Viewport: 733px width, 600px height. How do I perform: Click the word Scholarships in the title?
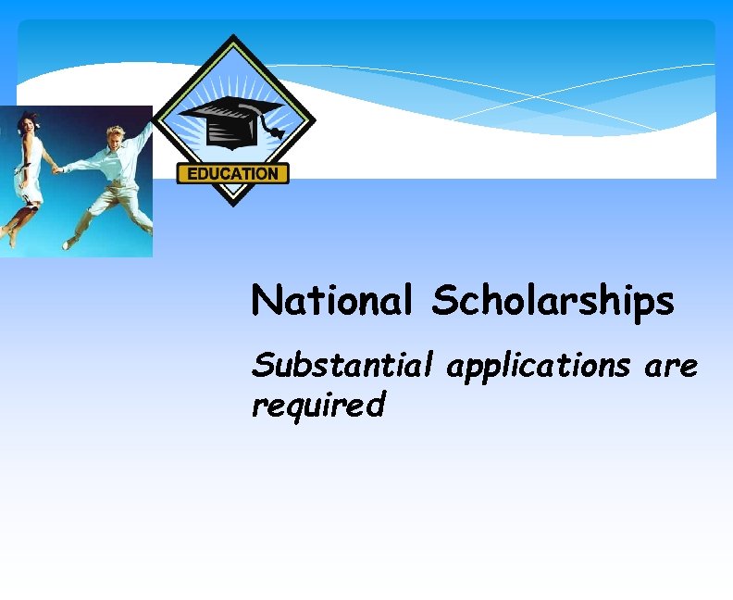(x=553, y=302)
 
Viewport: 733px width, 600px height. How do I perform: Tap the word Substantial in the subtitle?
(x=342, y=367)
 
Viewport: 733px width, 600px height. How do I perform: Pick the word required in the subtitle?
(x=317, y=405)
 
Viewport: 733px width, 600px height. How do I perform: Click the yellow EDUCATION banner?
(x=232, y=173)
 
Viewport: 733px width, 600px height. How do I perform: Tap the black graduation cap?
(x=228, y=121)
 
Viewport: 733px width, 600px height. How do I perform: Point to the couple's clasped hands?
(x=56, y=169)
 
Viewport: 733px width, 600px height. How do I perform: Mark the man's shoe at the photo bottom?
(x=70, y=243)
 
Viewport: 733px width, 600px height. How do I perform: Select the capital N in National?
(x=265, y=300)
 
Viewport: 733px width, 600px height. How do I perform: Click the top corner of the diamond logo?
(x=234, y=37)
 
